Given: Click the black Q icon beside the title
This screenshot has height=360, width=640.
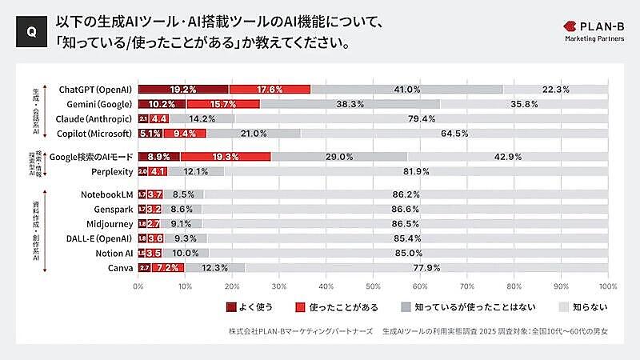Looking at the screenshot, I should [x=30, y=31].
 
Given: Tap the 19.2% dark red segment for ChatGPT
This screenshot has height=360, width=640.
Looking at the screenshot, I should [x=183, y=89].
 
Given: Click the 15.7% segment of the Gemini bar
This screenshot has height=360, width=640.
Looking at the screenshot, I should [x=222, y=104].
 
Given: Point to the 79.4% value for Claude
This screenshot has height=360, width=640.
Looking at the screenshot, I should [x=421, y=118].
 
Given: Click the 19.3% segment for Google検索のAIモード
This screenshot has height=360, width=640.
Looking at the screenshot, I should [x=226, y=157].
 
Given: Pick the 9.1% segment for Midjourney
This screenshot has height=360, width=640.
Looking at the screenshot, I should [x=182, y=224].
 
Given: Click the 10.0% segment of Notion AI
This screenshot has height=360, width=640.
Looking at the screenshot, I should [x=185, y=253].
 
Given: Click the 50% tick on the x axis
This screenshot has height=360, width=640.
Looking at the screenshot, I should [x=373, y=285].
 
